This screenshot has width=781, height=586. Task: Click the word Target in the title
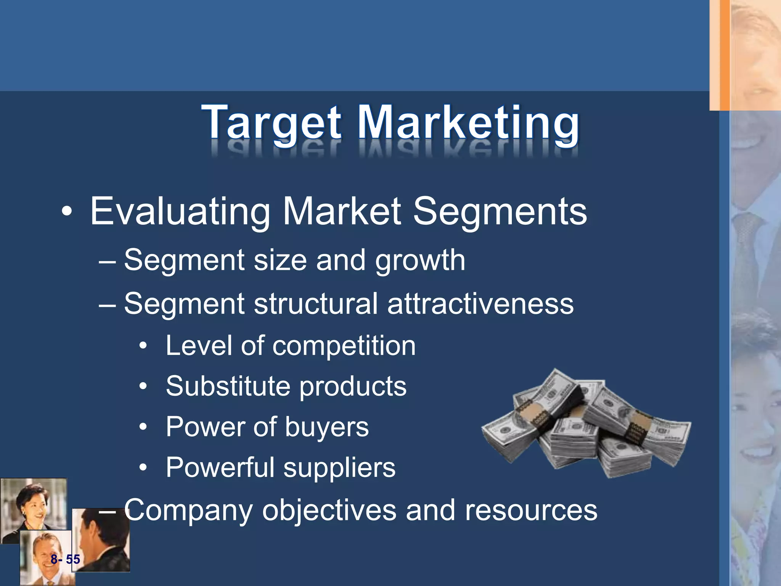click(x=272, y=123)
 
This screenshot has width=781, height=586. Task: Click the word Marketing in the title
click(x=468, y=123)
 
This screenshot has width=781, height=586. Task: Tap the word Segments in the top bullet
click(x=500, y=212)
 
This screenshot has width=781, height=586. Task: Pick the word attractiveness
click(x=480, y=304)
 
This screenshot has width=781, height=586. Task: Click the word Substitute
click(x=228, y=386)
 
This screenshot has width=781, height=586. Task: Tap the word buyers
click(x=327, y=427)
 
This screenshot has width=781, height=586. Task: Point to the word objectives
click(x=329, y=510)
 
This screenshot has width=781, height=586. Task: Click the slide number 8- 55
click(x=65, y=559)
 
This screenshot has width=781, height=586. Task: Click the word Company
click(x=188, y=510)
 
